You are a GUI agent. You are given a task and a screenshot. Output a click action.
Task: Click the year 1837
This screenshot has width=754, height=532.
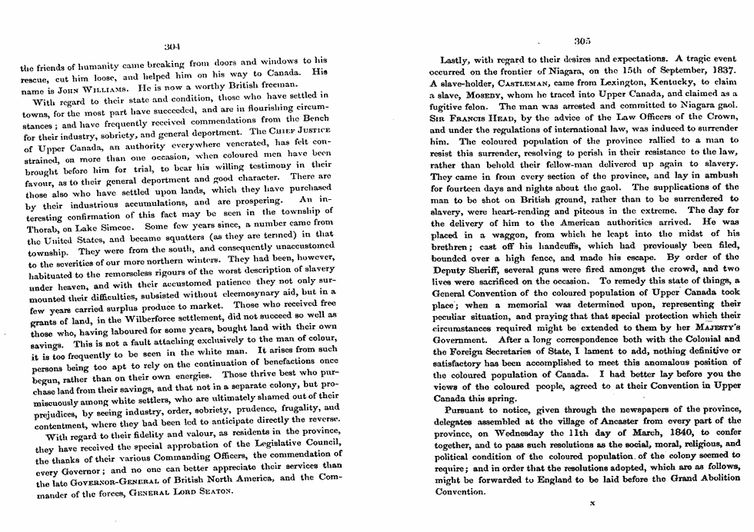pyautogui.click(x=722, y=70)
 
